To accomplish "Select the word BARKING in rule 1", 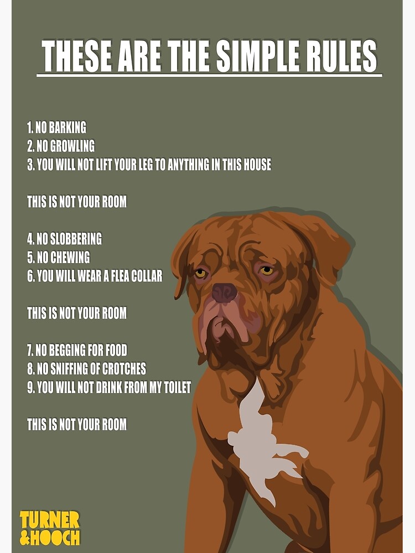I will coord(68,128).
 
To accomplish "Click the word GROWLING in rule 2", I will coord(72,146).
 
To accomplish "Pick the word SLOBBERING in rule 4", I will coord(76,239).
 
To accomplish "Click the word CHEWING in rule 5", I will coord(70,258).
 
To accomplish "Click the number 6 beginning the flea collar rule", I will coord(30,276).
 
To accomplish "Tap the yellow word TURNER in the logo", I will coord(50,520).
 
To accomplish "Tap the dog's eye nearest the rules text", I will coord(200,273).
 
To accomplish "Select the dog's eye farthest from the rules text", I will coord(267,270).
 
